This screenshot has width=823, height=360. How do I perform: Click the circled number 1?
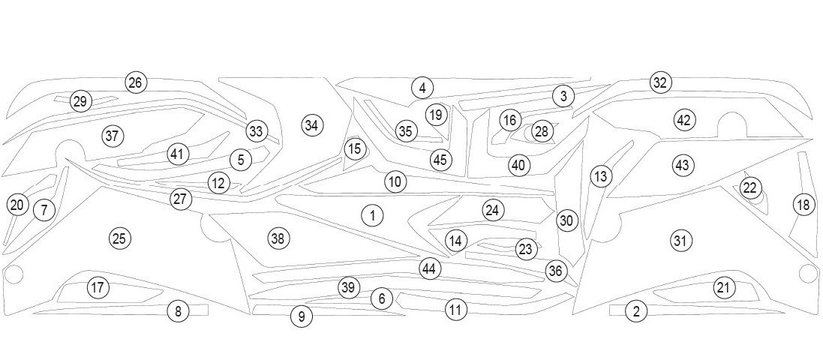tap(372, 216)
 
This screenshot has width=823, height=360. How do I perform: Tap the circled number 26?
tap(135, 82)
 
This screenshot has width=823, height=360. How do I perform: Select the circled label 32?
tap(659, 82)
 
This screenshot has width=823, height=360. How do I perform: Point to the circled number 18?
tap(803, 204)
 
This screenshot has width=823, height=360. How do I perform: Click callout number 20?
tap(17, 205)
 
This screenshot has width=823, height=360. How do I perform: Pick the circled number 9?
tap(301, 316)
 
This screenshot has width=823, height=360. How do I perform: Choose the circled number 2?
tap(636, 311)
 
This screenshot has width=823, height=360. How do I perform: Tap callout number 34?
tap(312, 125)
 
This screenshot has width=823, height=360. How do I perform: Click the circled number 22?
tap(750, 188)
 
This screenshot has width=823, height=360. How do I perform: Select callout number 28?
tap(542, 131)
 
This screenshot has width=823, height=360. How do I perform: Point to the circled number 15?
tap(354, 149)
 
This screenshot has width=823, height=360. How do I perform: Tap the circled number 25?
tap(119, 238)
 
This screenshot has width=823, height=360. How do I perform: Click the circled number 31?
tap(680, 241)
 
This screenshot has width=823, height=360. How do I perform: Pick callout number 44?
tap(429, 268)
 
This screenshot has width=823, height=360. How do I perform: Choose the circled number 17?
tap(98, 286)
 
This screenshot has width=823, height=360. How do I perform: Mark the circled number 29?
tap(80, 101)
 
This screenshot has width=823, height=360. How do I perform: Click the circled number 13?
tap(601, 176)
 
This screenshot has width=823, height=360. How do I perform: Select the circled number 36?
tap(555, 271)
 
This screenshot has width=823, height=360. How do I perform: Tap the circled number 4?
tap(422, 88)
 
